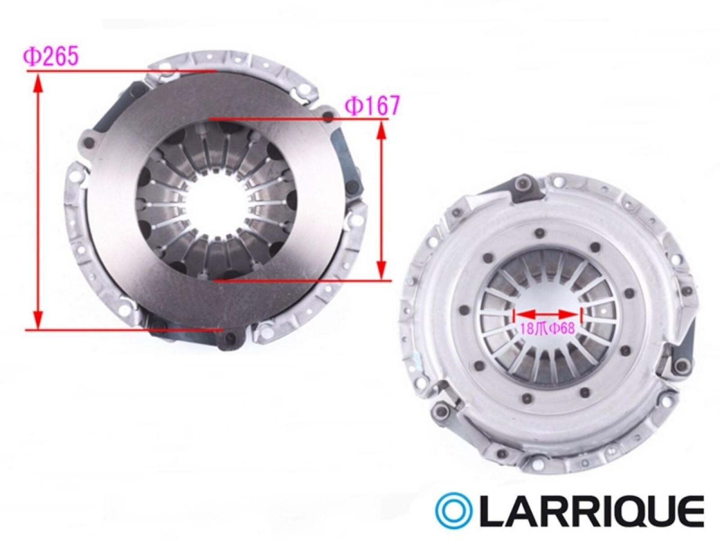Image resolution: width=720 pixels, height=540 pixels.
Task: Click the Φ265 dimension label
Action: [51, 57]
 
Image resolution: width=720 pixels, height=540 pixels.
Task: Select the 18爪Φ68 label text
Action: [548, 328]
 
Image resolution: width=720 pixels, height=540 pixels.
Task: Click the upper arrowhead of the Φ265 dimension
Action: [38, 82]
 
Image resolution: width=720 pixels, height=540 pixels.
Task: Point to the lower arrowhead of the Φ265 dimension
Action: [38, 319]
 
